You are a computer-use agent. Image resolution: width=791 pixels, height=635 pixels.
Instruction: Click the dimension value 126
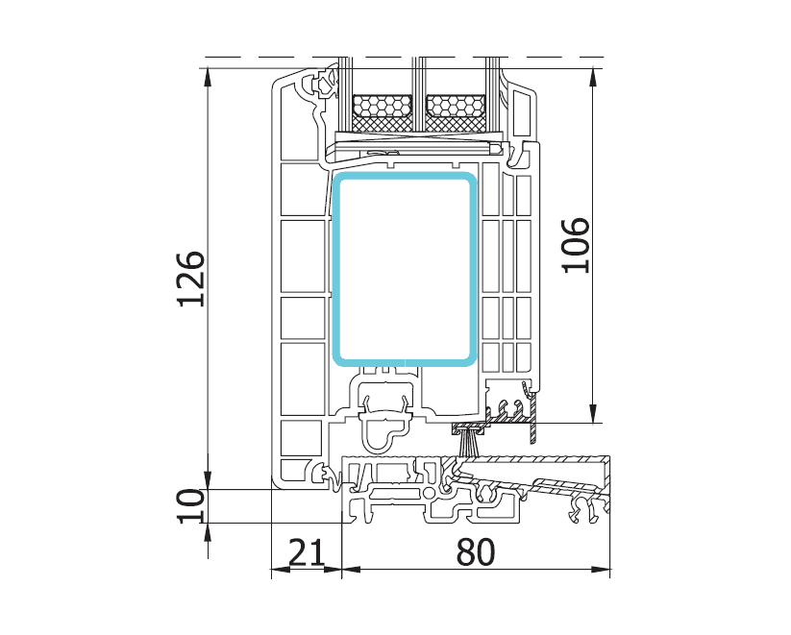[x=191, y=279]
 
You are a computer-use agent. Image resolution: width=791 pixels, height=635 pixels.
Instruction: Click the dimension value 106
[x=576, y=246]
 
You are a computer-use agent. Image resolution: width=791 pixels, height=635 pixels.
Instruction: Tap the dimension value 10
[x=191, y=506]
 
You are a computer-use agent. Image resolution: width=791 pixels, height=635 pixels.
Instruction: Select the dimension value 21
[x=307, y=551]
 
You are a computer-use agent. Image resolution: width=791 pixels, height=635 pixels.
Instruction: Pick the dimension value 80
[x=476, y=551]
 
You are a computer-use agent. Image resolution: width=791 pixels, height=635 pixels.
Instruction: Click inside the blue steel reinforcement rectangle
[x=405, y=269]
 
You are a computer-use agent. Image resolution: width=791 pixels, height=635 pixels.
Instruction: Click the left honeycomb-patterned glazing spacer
[x=382, y=106]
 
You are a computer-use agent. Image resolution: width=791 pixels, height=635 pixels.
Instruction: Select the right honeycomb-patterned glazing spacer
[x=457, y=106]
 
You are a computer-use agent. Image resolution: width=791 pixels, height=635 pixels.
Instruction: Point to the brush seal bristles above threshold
[x=469, y=444]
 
